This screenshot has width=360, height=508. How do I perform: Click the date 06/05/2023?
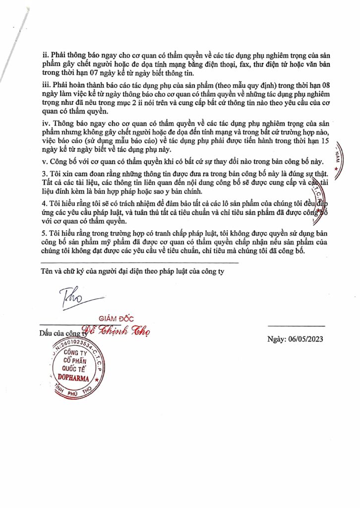click(x=309, y=339)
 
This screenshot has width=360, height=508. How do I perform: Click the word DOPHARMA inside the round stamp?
click(x=73, y=378)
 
